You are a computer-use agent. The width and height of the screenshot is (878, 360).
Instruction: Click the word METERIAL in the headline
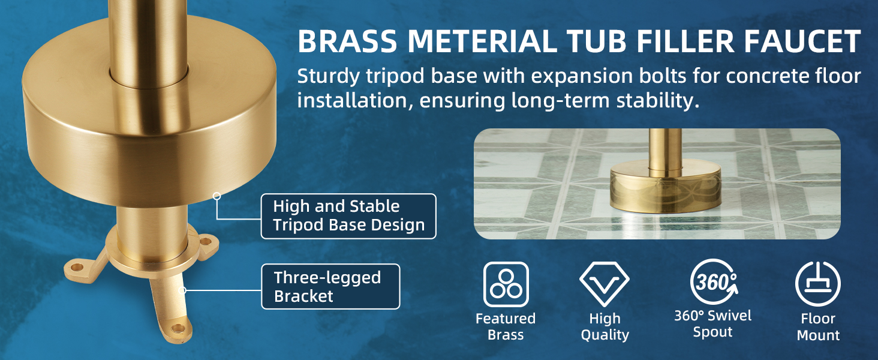pos(482,41)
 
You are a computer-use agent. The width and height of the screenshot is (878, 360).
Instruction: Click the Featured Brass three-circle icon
pos(506,284)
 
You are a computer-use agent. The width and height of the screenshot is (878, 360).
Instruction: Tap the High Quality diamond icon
pos(604,284)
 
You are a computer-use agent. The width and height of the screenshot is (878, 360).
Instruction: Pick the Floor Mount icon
pos(817,284)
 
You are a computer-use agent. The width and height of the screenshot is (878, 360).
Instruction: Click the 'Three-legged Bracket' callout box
pos(330,287)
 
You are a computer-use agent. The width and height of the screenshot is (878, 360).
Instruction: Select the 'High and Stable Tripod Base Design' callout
pos(348,216)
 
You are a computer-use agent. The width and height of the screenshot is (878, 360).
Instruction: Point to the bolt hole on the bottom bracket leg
pos(178,328)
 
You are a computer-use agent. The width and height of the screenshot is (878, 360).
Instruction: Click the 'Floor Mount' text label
pos(818,327)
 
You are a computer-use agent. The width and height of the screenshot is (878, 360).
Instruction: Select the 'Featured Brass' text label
pos(506,326)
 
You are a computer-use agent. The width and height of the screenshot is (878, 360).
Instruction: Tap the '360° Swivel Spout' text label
pos(713,324)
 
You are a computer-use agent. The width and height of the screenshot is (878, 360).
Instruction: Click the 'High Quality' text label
pos(605,326)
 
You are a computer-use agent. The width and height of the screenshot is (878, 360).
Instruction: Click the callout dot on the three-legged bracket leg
pos(182,290)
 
